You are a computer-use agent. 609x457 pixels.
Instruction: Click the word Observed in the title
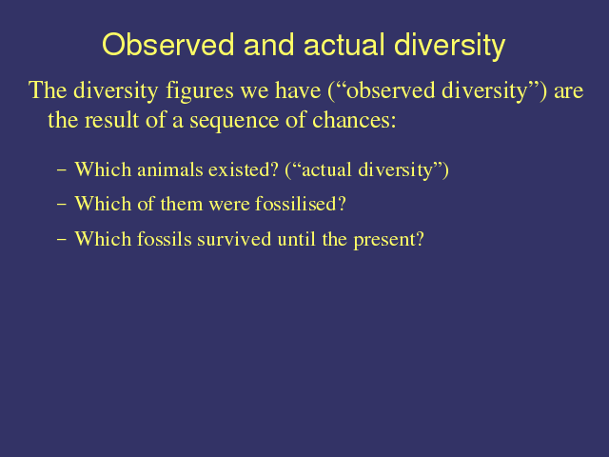coord(168,45)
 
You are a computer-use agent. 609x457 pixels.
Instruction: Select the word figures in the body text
coord(200,91)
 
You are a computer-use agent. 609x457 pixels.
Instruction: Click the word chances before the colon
coord(354,120)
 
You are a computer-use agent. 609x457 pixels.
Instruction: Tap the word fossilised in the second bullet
coord(301,204)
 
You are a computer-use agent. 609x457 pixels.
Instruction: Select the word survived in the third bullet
coord(234,239)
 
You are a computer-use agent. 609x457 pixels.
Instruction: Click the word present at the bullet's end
coord(388,240)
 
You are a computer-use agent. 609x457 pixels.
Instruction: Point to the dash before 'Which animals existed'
coord(61,169)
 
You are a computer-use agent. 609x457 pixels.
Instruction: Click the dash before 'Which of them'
coord(61,204)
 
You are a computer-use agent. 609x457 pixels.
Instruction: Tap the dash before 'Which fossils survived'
coord(61,239)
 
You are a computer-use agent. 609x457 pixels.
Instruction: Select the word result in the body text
coord(111,120)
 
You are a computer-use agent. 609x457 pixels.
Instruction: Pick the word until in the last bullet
coord(296,239)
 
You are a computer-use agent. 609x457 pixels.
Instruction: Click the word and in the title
coord(268,45)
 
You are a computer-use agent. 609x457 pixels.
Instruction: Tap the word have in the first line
coord(298,90)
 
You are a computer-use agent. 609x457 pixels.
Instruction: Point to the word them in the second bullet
coord(182,204)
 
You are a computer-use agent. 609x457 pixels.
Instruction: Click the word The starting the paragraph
coord(48,90)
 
